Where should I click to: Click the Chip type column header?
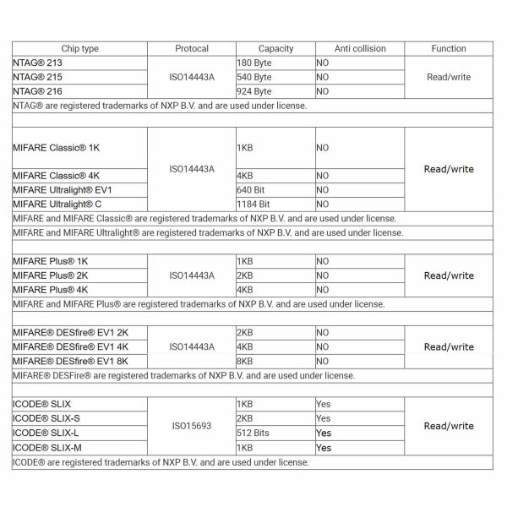80,49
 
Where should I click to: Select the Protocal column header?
192,49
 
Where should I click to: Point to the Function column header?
449,49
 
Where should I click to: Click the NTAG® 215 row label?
38,77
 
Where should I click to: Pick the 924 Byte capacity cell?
255,91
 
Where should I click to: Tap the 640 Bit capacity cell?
253,189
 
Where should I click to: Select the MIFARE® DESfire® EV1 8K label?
66,361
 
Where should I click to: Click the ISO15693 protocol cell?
192,426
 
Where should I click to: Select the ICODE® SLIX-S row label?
46,418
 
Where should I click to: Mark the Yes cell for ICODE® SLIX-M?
324,448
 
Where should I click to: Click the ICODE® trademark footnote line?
161,462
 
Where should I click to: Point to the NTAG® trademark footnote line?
161,106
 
